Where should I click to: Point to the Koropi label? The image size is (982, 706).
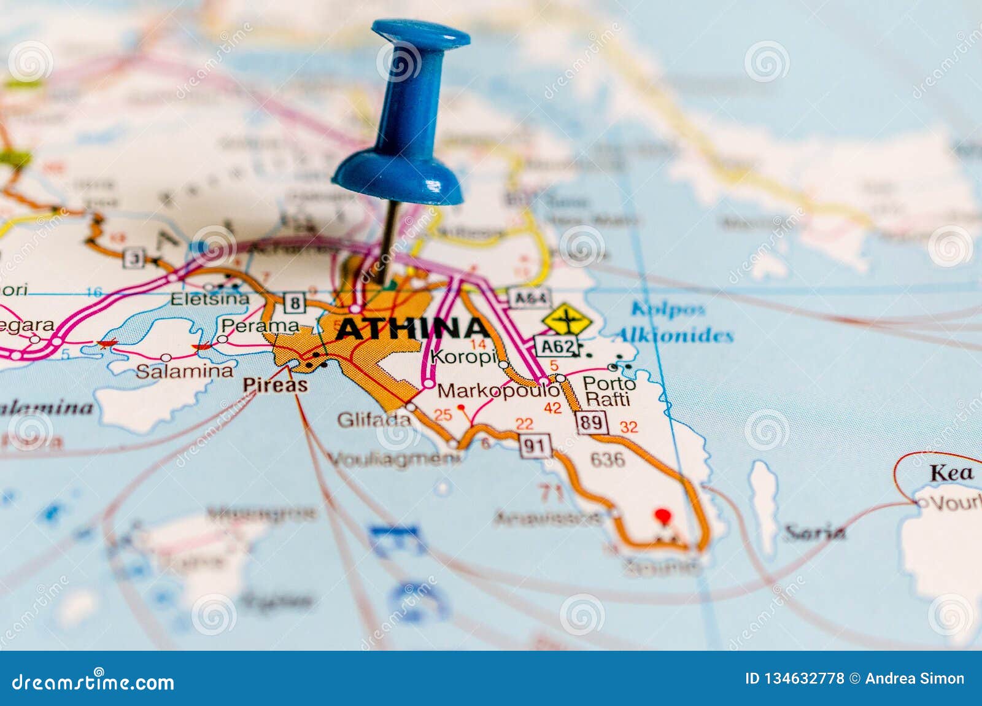[x=463, y=357]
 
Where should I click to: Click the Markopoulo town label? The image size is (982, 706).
[x=497, y=390]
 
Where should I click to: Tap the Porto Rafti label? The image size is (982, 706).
[x=608, y=391]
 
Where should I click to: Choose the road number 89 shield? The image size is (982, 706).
[x=591, y=422]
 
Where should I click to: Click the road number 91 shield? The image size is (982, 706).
[x=535, y=446]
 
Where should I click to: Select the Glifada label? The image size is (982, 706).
[x=374, y=420]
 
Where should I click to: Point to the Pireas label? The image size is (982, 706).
[x=275, y=385]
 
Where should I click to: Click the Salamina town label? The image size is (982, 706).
[x=184, y=371]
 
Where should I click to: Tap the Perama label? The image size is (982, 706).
[x=260, y=325]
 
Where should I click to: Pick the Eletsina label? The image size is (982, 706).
[x=210, y=299]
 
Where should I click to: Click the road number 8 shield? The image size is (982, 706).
[x=295, y=303]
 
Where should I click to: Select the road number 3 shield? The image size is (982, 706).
[x=133, y=258]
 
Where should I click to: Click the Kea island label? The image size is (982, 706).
[x=951, y=473]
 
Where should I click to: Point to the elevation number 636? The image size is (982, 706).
[x=607, y=459]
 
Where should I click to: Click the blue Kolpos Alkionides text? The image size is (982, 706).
[x=672, y=322]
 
